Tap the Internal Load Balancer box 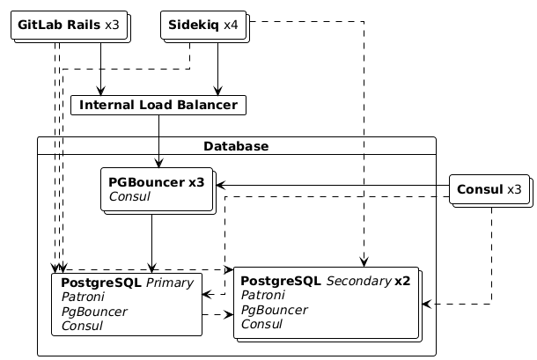click(x=158, y=106)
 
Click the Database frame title click(x=236, y=145)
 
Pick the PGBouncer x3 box click(x=158, y=188)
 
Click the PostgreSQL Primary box click(x=127, y=304)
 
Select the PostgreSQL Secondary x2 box click(x=326, y=303)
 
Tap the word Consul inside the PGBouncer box click(x=129, y=196)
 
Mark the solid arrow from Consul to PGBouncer click(x=335, y=186)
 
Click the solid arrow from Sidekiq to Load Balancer click(x=217, y=69)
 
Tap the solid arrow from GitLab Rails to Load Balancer click(x=102, y=69)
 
